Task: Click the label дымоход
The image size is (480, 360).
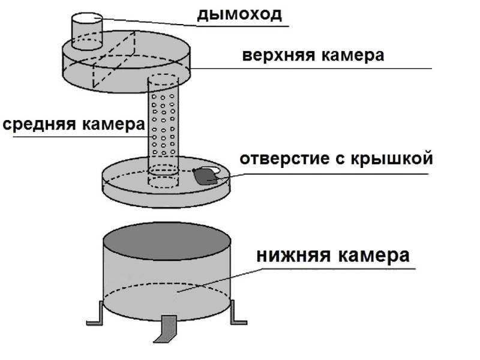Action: [239, 15]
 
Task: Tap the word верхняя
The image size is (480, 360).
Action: [278, 56]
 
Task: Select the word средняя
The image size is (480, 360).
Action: [39, 125]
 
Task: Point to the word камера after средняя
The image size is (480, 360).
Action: [113, 125]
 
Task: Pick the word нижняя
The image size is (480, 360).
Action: [293, 256]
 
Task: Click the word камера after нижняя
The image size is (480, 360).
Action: [373, 256]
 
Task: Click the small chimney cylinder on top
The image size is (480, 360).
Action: [87, 31]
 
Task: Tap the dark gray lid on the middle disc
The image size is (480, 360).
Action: [206, 176]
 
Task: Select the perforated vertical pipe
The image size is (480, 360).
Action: [163, 128]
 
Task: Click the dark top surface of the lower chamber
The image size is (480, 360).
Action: [167, 242]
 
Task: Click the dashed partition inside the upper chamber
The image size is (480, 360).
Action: [114, 59]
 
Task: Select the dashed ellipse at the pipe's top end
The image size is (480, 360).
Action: [163, 79]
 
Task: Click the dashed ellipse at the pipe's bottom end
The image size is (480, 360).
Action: [163, 182]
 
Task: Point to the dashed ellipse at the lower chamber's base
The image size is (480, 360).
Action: [167, 283]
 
